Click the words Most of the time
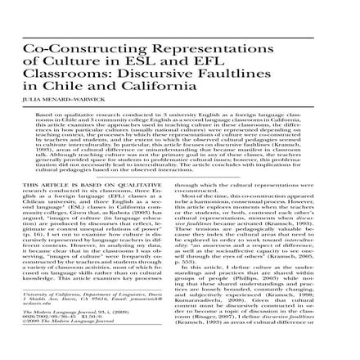point(211,200)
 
